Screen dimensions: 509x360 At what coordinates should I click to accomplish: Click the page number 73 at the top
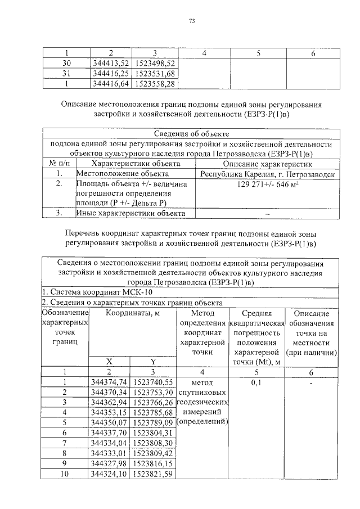tap(191, 22)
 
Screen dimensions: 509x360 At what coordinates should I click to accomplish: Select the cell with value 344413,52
tap(110, 63)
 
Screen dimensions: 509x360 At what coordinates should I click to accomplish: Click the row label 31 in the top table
tap(66, 73)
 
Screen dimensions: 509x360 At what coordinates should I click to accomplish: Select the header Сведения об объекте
tap(191, 133)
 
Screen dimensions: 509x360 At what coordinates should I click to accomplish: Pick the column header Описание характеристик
tap(267, 164)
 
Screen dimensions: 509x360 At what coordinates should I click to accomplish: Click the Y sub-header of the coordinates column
tap(152, 361)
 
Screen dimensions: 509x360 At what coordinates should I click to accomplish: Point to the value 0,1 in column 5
tap(256, 382)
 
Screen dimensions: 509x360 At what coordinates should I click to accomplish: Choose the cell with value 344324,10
tap(110, 474)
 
